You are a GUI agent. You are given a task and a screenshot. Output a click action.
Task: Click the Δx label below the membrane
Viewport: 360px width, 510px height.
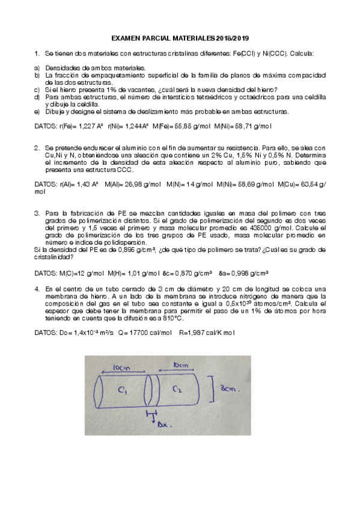[x=163, y=424]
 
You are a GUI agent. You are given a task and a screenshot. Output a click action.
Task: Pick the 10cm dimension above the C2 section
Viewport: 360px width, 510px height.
[x=181, y=365]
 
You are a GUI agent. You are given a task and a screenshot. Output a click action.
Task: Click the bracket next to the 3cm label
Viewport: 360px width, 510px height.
[x=215, y=389]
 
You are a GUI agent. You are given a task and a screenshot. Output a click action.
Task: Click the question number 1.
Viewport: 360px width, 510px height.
[x=37, y=54]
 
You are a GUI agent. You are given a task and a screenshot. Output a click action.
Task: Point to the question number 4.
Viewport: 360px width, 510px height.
[x=37, y=289]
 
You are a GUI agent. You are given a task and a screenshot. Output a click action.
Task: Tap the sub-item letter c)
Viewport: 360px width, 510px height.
[x=37, y=90]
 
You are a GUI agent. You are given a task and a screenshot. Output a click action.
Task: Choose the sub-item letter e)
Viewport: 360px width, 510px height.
[x=37, y=111]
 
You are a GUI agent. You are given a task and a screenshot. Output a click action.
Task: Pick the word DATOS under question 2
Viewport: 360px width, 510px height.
[x=45, y=184]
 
